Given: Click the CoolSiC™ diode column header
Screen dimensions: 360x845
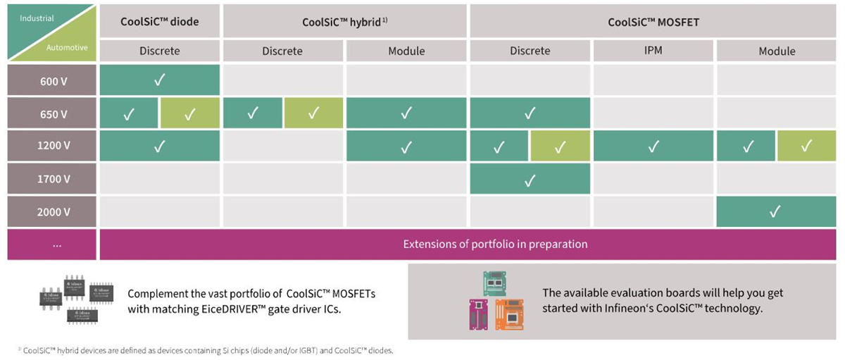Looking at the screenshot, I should click(159, 21).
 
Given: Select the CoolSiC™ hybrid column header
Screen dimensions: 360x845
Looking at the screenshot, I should click(344, 21).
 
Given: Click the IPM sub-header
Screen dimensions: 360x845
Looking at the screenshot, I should click(653, 51).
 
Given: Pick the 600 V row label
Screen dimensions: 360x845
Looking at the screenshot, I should click(54, 80).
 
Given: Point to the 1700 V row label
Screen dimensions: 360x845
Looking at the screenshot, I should click(54, 179).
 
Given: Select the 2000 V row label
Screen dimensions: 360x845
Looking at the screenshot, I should click(54, 211).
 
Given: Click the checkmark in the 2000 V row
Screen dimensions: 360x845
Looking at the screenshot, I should click(775, 211).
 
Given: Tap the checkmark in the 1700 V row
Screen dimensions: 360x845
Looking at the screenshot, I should click(530, 180).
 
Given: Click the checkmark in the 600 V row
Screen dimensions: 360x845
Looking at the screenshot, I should click(159, 80).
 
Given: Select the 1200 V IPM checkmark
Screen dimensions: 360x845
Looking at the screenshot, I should click(653, 147).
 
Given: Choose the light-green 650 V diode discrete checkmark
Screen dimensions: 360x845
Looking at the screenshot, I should click(189, 114).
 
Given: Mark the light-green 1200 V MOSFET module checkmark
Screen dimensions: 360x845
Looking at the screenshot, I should click(807, 147).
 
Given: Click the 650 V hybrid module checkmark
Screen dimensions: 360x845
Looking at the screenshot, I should click(406, 113).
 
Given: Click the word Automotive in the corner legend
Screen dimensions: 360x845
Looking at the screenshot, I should click(67, 48).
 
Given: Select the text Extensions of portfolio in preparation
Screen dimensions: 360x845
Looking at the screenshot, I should click(495, 244).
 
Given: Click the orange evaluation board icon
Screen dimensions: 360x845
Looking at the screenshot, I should click(509, 314).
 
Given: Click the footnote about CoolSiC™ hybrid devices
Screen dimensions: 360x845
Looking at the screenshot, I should click(208, 350).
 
